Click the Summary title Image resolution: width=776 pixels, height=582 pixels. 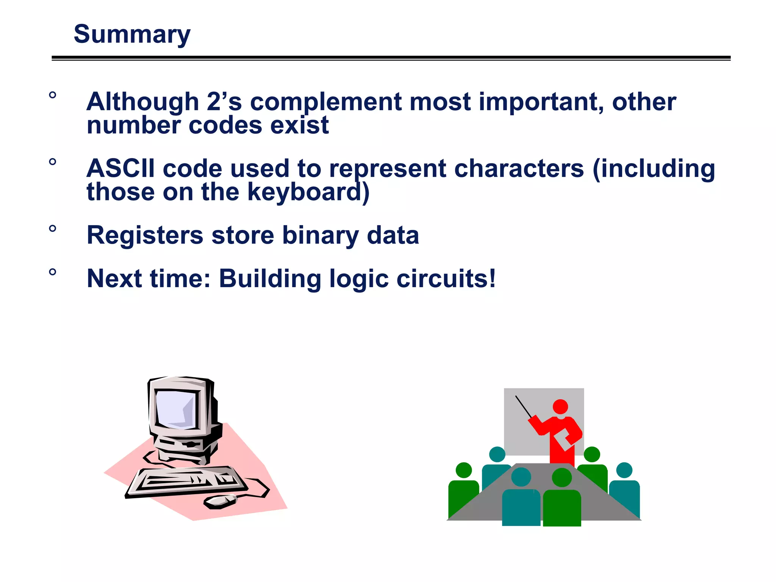click(131, 34)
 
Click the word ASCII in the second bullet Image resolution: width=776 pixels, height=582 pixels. click(120, 168)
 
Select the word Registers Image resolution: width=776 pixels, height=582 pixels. click(145, 235)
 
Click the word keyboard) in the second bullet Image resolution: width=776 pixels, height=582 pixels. click(308, 192)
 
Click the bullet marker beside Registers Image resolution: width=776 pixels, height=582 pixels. click(53, 228)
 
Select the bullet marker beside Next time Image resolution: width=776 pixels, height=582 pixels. click(53, 272)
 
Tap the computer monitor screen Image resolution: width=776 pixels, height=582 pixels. click(176, 409)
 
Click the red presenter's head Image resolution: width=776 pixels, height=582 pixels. click(560, 407)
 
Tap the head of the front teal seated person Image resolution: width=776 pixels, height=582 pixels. click(521, 477)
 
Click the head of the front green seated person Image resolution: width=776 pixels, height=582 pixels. click(562, 477)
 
